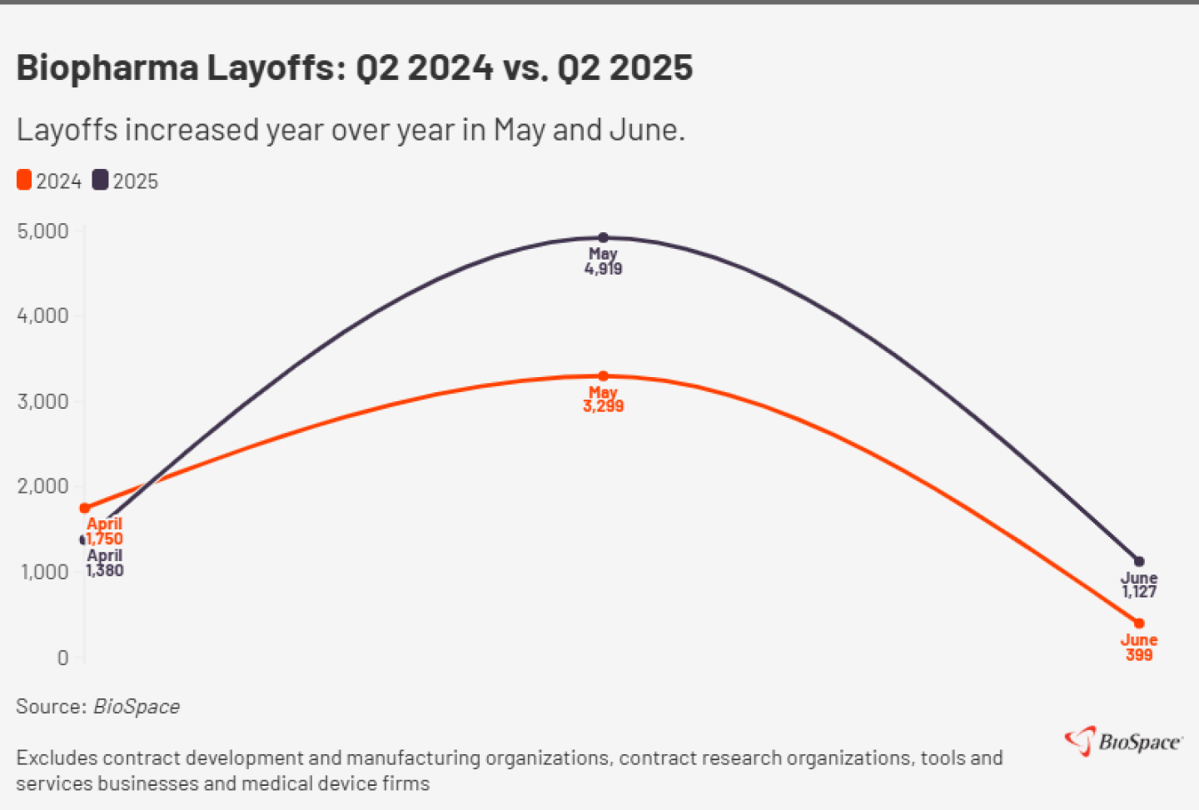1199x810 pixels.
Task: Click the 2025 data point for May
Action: click(604, 238)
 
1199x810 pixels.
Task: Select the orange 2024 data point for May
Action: click(604, 376)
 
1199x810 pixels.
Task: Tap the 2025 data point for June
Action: click(1139, 562)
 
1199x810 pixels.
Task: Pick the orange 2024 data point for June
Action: click(1139, 624)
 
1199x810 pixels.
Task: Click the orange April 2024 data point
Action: click(85, 509)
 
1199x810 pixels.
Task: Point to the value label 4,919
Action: click(604, 269)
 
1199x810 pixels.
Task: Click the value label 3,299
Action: click(604, 406)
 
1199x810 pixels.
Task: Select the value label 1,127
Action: click(1139, 592)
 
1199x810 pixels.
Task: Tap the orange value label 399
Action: click(1139, 655)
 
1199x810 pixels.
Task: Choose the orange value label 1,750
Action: click(105, 539)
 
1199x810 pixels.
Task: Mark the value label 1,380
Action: click(105, 570)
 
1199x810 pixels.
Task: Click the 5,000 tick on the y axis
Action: click(43, 231)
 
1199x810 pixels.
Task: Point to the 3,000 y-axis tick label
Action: click(43, 402)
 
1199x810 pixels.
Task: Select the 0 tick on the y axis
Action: click(62, 658)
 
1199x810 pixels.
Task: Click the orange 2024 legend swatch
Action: click(24, 180)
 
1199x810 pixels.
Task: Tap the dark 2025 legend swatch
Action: click(100, 180)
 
